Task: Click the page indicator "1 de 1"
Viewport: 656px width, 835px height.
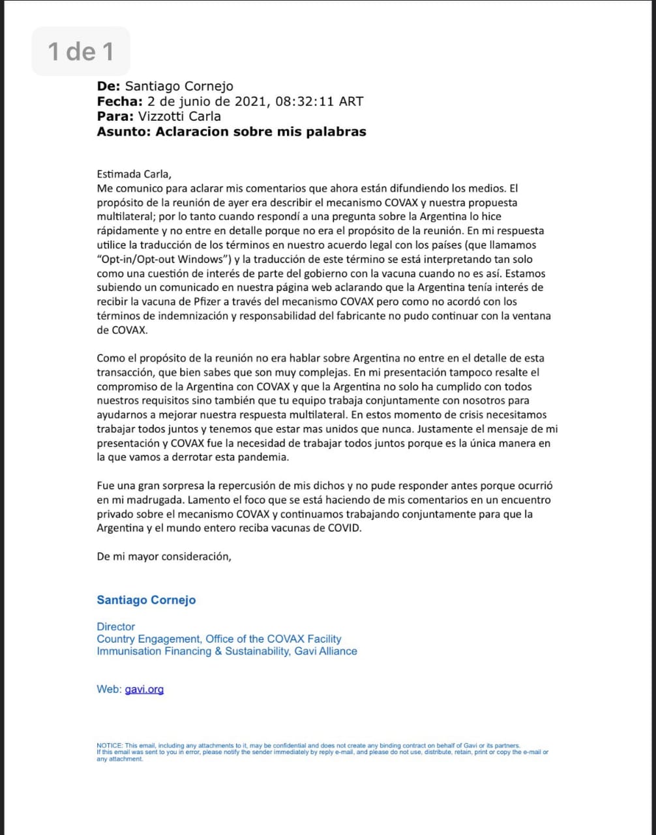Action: click(x=81, y=51)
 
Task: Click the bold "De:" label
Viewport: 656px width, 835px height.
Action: click(x=108, y=86)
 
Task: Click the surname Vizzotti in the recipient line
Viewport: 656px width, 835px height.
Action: click(x=160, y=116)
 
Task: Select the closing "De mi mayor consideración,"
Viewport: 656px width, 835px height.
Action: click(x=164, y=556)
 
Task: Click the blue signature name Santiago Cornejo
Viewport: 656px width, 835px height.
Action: click(x=146, y=600)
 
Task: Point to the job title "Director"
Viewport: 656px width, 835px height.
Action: click(x=115, y=627)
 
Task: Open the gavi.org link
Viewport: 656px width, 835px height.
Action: click(x=144, y=689)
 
